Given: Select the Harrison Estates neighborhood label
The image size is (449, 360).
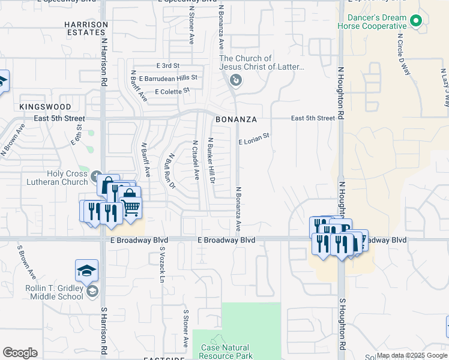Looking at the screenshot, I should (86, 29).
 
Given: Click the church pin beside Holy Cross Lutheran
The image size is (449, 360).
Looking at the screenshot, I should (97, 178).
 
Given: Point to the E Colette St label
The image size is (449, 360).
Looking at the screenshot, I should (172, 92).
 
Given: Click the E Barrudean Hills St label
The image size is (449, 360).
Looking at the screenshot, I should (168, 78).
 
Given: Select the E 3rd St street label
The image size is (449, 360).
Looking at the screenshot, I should (167, 65).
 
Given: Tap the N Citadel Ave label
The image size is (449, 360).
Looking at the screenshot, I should (195, 160).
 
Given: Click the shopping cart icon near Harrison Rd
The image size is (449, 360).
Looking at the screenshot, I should (131, 208).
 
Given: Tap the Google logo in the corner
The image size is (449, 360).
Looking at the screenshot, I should (20, 353).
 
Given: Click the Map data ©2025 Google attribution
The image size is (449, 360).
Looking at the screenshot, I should (411, 355).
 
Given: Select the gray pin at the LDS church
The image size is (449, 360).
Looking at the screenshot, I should (236, 80).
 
